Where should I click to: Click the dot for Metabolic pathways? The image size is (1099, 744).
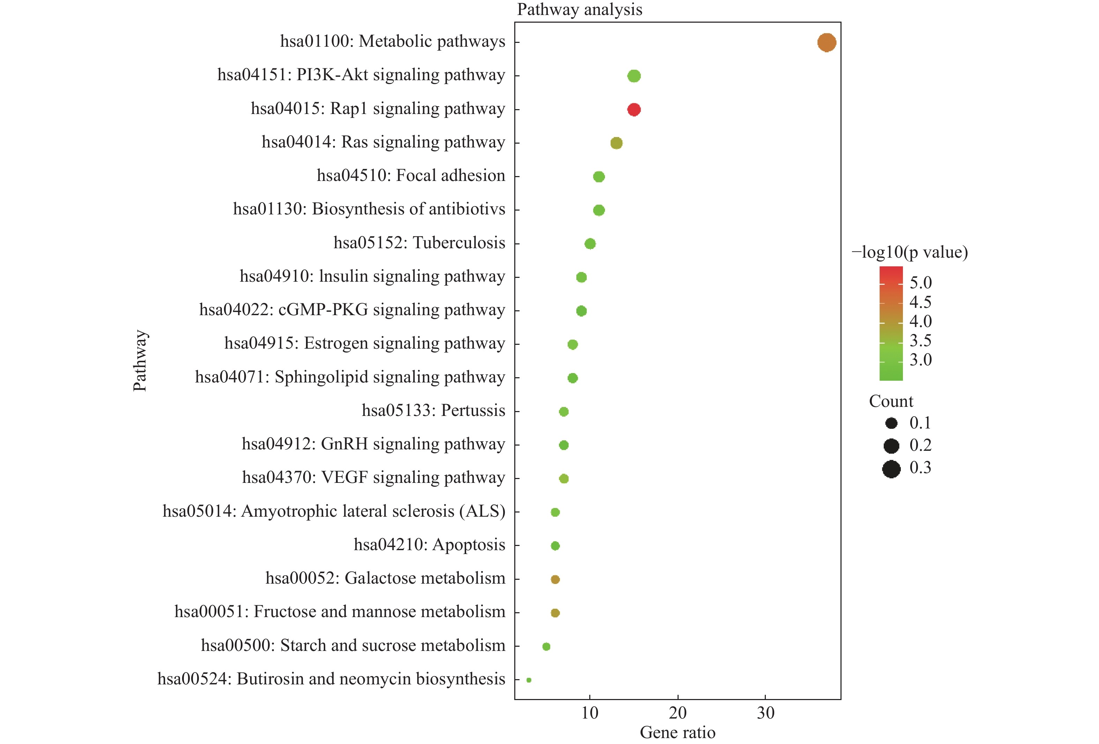point(826,43)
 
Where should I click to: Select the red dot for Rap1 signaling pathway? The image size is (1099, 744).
point(634,110)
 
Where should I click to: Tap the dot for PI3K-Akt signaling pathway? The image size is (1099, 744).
point(634,76)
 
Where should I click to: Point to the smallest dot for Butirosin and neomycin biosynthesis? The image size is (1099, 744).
point(529,680)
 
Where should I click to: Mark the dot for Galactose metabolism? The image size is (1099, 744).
point(555,579)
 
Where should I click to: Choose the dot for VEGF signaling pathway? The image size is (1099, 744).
point(564,479)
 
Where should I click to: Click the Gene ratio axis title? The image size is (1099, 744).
point(677,732)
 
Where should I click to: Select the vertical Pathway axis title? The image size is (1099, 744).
point(140,360)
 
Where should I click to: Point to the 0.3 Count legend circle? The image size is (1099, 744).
point(891,469)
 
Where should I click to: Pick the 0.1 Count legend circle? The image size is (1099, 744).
point(891,423)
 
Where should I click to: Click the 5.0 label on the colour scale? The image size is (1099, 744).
point(920,283)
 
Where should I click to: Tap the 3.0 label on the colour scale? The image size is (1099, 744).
point(920,360)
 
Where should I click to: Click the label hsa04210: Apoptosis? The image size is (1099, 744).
point(429,545)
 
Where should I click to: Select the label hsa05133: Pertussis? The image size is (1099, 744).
point(433,410)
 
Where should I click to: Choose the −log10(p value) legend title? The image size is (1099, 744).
point(909,252)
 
